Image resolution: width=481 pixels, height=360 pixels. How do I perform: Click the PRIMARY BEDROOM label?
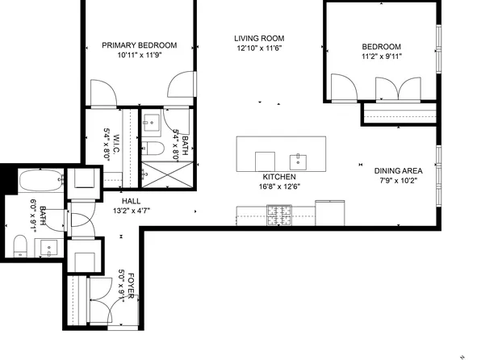point(140,45)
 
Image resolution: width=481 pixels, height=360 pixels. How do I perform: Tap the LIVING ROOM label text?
point(259,39)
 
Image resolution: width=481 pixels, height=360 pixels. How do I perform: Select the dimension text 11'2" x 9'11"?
point(381,57)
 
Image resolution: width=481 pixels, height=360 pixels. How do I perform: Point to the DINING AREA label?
point(398,170)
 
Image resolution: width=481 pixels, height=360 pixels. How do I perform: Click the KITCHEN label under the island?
point(279,177)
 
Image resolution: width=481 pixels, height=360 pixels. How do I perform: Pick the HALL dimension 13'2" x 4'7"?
point(132,211)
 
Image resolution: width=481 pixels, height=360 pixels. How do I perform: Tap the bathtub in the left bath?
point(41,181)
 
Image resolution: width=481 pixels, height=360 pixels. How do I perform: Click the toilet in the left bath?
point(20,245)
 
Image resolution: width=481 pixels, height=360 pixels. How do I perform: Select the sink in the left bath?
point(48,247)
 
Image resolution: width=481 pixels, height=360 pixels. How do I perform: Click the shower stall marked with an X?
point(167,174)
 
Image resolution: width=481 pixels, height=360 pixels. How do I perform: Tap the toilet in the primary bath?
point(153,149)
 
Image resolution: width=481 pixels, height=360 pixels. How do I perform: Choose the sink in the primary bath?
point(152,123)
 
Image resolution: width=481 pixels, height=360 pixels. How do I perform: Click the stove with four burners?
point(279,216)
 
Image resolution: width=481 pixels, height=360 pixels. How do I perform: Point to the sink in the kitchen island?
point(298,162)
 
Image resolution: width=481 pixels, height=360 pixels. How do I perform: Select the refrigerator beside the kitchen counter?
point(330,213)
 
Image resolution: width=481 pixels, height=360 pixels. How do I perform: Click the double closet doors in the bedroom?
point(398,89)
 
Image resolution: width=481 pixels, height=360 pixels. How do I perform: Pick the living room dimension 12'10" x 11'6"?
point(259,48)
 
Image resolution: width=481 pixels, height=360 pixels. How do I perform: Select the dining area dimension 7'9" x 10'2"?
point(398,181)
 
